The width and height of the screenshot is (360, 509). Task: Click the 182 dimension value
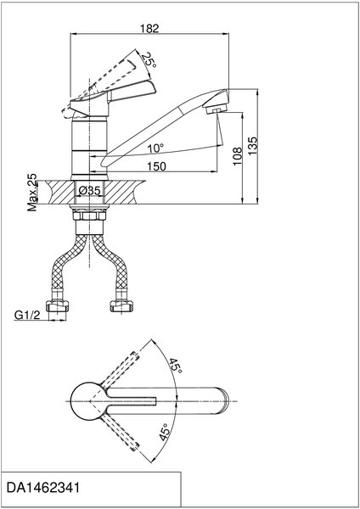click(149, 29)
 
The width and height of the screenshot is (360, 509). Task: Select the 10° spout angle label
click(155, 148)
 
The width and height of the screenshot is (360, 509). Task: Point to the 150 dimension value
click(156, 166)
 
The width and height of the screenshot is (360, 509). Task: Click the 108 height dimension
click(238, 156)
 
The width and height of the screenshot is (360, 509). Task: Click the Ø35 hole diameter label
click(89, 191)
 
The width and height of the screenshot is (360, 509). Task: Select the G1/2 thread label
click(27, 315)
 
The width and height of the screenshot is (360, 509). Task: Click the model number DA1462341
click(43, 488)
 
